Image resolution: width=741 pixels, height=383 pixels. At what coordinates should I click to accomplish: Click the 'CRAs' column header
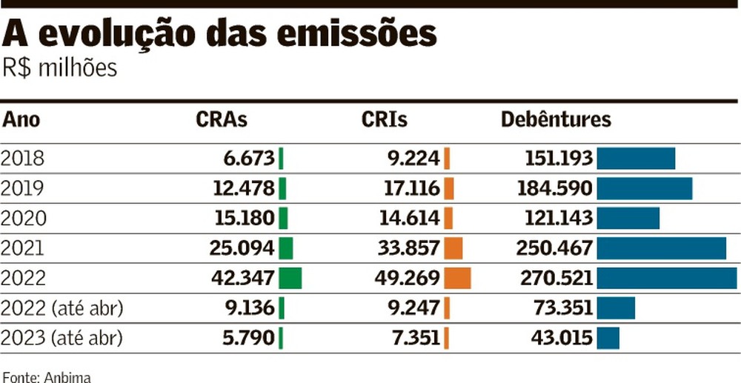click(222, 119)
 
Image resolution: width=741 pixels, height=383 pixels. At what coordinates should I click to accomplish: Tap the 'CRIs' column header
click(385, 119)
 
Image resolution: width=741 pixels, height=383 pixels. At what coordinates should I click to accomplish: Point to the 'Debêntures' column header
click(556, 119)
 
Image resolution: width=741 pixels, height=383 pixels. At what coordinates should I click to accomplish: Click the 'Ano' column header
click(21, 119)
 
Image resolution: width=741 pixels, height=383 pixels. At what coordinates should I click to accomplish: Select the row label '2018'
click(23, 159)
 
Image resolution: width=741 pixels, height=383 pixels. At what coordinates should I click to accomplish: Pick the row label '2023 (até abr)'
click(62, 338)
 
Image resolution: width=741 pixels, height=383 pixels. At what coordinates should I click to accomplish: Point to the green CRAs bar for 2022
click(290, 278)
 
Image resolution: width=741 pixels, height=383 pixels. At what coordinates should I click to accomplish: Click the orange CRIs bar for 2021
click(453, 248)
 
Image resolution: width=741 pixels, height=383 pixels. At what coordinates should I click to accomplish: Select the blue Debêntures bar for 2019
click(644, 188)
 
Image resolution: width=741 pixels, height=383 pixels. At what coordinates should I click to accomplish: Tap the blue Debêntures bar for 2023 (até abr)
click(608, 338)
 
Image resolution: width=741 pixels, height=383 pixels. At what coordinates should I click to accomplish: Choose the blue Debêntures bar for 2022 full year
click(666, 278)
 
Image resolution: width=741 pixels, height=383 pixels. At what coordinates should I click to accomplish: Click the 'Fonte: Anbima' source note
click(46, 376)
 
